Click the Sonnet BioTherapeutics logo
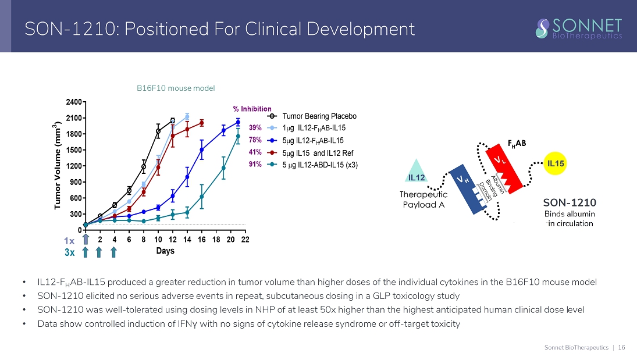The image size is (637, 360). pyautogui.click(x=579, y=28)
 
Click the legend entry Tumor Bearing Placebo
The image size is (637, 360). pyautogui.click(x=319, y=116)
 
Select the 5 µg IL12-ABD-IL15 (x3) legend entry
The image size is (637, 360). pyautogui.click(x=319, y=165)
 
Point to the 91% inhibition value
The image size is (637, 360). pyautogui.click(x=255, y=165)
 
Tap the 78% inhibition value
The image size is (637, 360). pyautogui.click(x=255, y=140)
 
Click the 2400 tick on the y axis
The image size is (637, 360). pyautogui.click(x=73, y=102)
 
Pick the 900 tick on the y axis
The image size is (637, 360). pyautogui.click(x=75, y=182)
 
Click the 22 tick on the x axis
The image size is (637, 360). pyautogui.click(x=245, y=240)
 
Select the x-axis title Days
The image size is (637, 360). pyautogui.click(x=165, y=251)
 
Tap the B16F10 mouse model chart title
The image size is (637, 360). pyautogui.click(x=176, y=88)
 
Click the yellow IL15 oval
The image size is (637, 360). pyautogui.click(x=556, y=163)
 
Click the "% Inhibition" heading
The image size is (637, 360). pyautogui.click(x=252, y=109)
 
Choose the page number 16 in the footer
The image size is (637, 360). pyautogui.click(x=622, y=348)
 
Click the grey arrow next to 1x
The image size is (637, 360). pyautogui.click(x=86, y=239)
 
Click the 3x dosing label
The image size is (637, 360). pyautogui.click(x=70, y=252)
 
